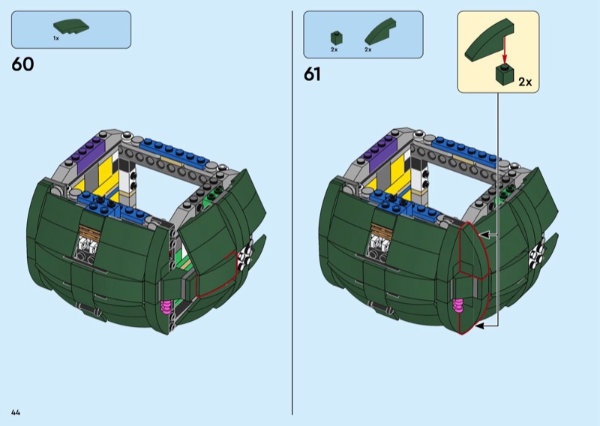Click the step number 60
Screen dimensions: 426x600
[x=22, y=64]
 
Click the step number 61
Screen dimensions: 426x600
[x=312, y=74]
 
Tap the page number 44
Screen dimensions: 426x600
[x=16, y=412]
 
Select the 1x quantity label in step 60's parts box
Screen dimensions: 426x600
[x=55, y=38]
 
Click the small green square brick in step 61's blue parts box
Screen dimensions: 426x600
[x=335, y=36]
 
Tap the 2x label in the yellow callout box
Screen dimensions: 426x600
[x=524, y=82]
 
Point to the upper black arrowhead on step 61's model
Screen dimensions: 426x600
[x=484, y=235]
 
